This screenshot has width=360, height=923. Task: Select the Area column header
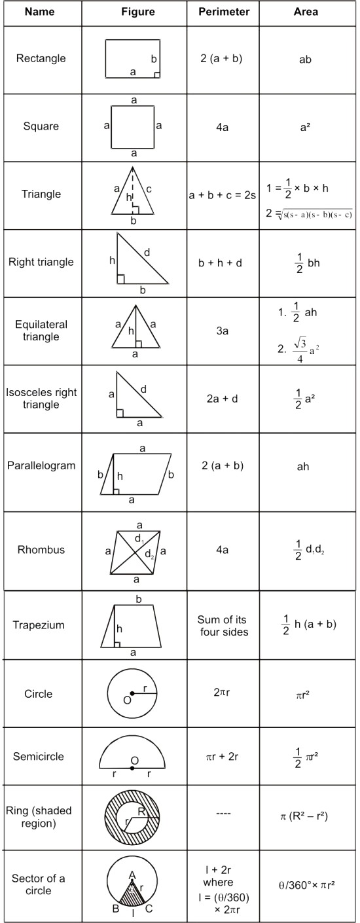coord(306,12)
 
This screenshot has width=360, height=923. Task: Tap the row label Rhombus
coord(41,550)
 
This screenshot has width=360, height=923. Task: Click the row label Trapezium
coord(39,625)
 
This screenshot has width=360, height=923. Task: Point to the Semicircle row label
coord(39,757)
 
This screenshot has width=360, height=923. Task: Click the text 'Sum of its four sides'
coord(223,625)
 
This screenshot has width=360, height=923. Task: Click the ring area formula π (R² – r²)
coord(304,816)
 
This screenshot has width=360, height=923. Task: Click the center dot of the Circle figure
coord(132,693)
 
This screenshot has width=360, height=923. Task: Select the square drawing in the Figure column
coord(134,126)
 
